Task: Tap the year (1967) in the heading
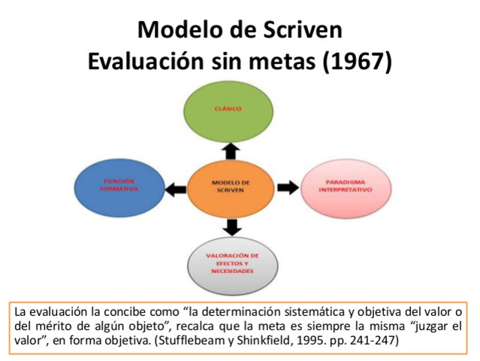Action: pos(358,60)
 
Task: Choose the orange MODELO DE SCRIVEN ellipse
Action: pos(231,186)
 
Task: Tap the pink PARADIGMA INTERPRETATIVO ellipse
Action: pos(346,186)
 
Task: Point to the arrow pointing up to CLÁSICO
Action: pos(231,150)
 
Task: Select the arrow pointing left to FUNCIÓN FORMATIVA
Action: pos(174,187)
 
